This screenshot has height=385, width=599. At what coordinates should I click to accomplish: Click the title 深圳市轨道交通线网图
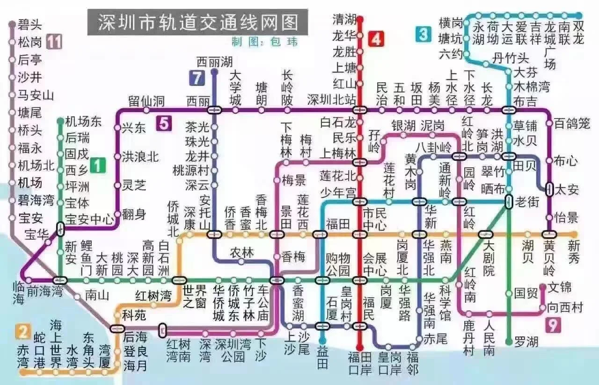click(197, 22)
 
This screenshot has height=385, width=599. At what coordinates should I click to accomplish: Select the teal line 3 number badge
click(423, 34)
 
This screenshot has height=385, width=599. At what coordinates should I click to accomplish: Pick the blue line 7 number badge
click(197, 78)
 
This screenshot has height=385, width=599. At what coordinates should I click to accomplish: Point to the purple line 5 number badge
click(164, 123)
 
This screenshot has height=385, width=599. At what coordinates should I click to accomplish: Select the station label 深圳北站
click(331, 100)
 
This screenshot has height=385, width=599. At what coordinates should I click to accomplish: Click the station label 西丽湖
click(214, 62)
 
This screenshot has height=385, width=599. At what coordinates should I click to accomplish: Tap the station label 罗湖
click(526, 342)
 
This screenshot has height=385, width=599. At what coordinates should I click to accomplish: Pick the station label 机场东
click(83, 122)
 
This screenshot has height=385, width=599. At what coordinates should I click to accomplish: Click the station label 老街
click(527, 202)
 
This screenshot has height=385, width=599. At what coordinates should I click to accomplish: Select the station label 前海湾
click(44, 291)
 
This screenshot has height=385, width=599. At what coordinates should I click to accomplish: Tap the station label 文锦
click(560, 286)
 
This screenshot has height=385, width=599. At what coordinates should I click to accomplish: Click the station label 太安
click(567, 190)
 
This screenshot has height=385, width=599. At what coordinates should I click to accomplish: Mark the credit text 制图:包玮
click(264, 42)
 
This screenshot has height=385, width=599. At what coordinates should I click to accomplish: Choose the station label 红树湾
click(153, 296)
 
